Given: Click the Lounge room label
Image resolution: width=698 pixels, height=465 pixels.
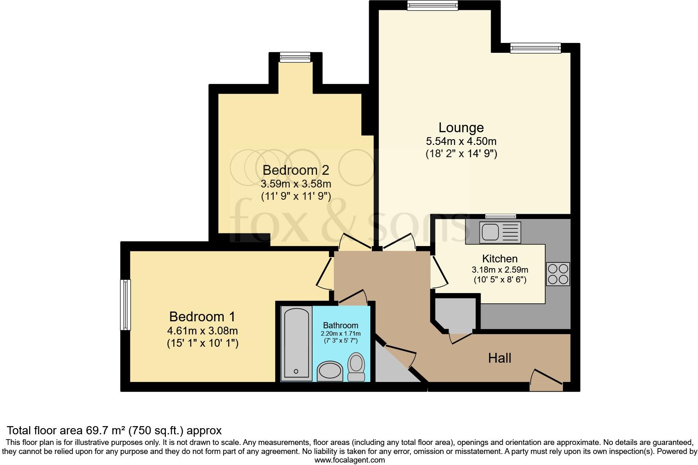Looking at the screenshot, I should coord(461,128).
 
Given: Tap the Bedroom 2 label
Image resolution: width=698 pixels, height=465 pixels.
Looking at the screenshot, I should coord(296,170).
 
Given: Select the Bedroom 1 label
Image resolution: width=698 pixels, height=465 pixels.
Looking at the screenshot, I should coord(202,317).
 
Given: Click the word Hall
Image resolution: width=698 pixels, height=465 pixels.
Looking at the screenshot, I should coord(499,358).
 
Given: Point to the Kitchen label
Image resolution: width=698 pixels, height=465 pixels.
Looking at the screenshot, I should coord(500,259).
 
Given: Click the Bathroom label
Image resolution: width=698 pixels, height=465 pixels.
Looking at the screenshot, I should coord(340,325).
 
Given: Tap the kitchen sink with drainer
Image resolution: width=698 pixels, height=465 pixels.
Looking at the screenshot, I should coord(500,232).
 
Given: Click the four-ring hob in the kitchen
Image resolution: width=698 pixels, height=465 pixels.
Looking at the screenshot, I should coord(558,274).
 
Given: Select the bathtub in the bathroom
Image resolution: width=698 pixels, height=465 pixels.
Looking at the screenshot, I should coord(296,343).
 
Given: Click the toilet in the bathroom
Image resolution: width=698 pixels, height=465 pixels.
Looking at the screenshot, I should coord(356,367).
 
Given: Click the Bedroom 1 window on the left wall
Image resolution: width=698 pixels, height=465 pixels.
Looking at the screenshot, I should coord(125,305).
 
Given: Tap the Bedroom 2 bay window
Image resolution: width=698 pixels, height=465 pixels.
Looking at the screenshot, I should coord(295,57).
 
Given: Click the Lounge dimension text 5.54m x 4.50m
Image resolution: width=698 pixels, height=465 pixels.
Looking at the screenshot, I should coord(461,142).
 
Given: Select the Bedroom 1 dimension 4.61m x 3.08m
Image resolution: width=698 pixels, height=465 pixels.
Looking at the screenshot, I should coord(202,331).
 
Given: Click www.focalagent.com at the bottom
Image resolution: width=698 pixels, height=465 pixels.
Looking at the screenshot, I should coord(349,460).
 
